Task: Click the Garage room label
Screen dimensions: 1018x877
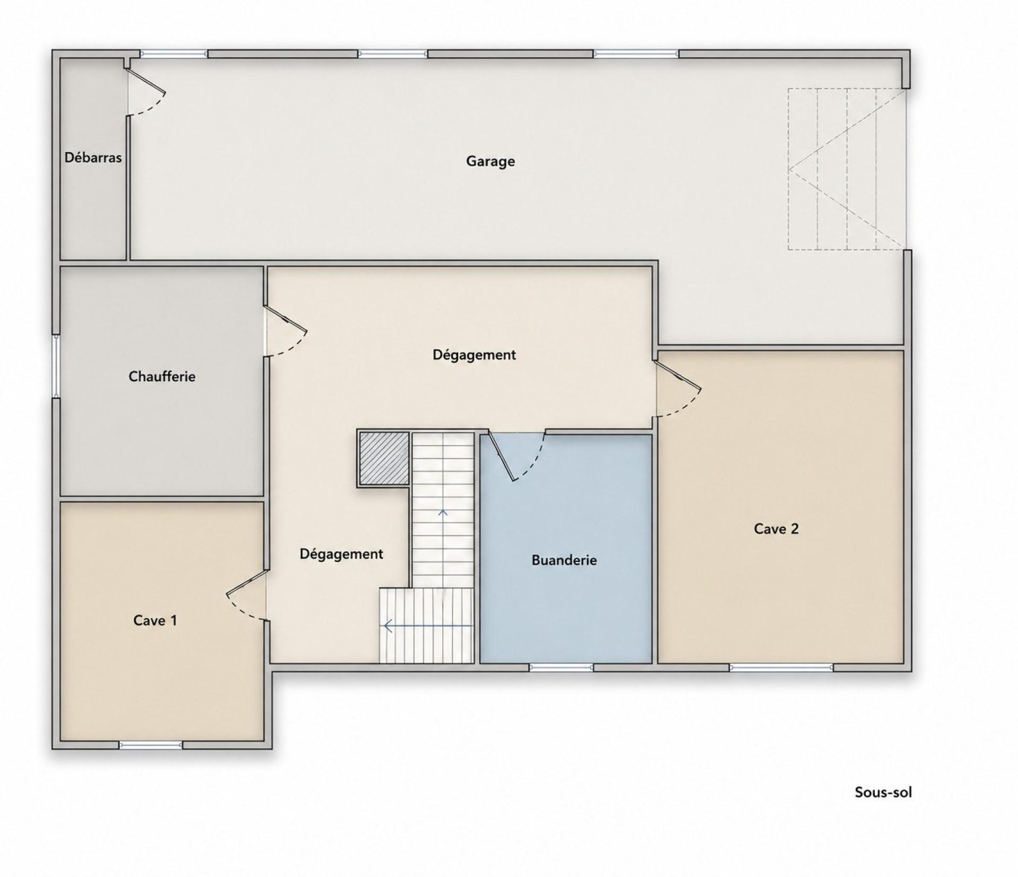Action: pos(490,161)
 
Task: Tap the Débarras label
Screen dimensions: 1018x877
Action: pos(93,157)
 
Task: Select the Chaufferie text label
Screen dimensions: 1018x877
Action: pos(162,376)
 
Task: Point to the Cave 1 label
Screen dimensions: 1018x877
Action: pos(155,620)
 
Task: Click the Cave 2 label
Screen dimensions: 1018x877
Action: pos(776,529)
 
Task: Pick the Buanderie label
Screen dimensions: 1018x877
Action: pos(564,560)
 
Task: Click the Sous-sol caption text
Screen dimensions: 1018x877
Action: pos(883,807)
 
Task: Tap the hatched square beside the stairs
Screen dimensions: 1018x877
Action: pos(384,458)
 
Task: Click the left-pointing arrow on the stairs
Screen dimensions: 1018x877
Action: pos(427,626)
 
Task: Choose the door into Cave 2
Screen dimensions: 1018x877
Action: pos(679,389)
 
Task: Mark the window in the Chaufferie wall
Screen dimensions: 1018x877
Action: pos(56,366)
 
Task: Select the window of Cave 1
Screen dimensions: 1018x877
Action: pos(151,745)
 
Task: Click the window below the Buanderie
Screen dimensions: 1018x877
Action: pos(561,668)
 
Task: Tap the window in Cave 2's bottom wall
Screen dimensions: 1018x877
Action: pos(781,668)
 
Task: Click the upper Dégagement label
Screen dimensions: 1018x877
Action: pos(474,355)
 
